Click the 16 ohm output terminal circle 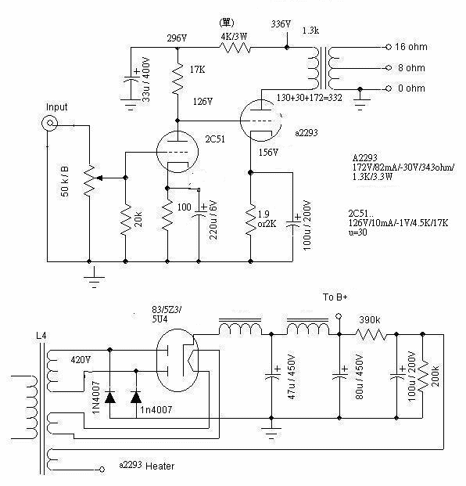click(389, 47)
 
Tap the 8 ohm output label click(411, 68)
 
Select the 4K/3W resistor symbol click(235, 48)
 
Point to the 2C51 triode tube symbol click(177, 152)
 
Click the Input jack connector click(49, 123)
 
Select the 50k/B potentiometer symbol click(90, 180)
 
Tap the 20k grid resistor click(126, 219)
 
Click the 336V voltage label click(281, 23)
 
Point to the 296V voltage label click(177, 38)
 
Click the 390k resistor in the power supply click(371, 334)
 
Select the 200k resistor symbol click(423, 376)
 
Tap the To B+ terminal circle click(339, 316)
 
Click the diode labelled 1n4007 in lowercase click(136, 397)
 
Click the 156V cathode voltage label click(268, 152)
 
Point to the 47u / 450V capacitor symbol click(271, 376)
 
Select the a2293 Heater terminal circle click(102, 470)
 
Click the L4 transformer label click(41, 336)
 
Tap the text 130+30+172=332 click(310, 98)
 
